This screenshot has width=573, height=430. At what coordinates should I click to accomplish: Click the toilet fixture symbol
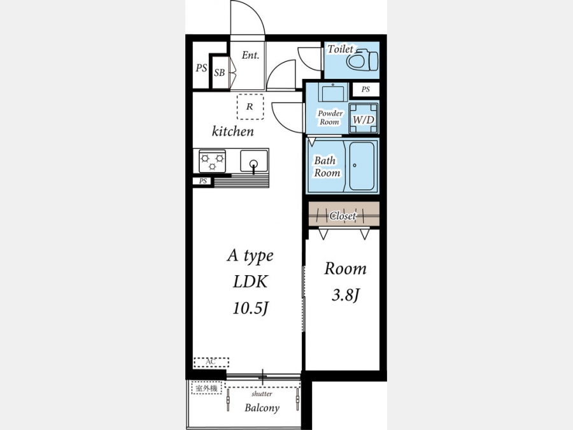tap(362, 60)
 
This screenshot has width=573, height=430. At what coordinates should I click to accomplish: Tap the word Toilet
tap(340, 49)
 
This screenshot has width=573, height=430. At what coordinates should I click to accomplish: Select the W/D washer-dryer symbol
tap(364, 118)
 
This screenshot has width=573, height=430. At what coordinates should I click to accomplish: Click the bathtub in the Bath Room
tap(362, 166)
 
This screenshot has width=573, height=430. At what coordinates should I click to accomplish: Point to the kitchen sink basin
tap(253, 161)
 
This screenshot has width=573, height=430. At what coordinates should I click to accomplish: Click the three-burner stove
tap(212, 161)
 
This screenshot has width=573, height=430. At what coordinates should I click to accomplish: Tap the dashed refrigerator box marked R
tap(250, 106)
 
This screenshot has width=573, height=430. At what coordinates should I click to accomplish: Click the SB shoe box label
tap(219, 73)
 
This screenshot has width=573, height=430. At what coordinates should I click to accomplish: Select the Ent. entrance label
tap(250, 55)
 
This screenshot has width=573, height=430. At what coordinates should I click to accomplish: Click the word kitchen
tap(233, 131)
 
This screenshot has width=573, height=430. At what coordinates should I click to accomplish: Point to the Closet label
tap(343, 216)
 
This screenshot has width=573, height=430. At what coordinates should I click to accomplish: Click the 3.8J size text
tap(346, 294)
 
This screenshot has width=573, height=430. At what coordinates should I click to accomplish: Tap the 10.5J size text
tap(251, 308)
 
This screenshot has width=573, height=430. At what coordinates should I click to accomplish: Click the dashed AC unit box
tap(211, 362)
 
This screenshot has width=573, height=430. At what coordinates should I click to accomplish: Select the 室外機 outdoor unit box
tap(207, 389)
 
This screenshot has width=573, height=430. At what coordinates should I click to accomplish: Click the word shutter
tap(262, 394)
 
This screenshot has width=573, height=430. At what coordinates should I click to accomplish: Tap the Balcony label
tap(262, 408)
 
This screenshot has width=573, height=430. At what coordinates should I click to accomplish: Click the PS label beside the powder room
tap(365, 89)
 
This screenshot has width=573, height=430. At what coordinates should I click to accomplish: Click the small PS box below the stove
tap(202, 181)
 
